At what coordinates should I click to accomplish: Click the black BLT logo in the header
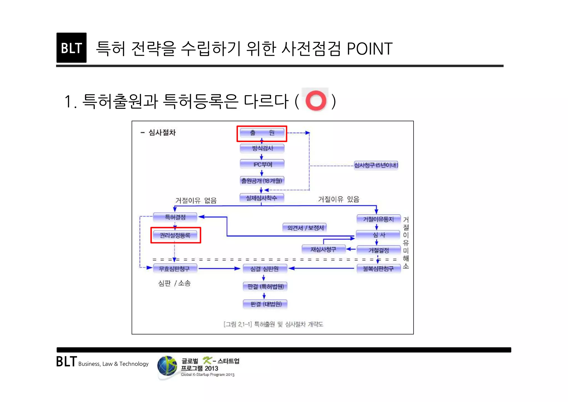point(71,48)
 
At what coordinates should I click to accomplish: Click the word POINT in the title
point(369,49)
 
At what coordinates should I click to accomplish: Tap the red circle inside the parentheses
point(316,100)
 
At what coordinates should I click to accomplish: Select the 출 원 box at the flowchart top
point(262,133)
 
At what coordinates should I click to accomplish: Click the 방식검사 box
point(262,148)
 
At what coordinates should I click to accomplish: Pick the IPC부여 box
point(262,165)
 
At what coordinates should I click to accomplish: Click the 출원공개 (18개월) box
point(262,181)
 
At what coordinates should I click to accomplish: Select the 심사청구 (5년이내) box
point(376,165)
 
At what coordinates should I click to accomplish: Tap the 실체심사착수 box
point(262,198)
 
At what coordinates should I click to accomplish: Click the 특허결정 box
point(175,217)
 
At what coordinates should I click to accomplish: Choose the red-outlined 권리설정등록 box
point(175,235)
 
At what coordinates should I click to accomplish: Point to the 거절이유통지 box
point(378,219)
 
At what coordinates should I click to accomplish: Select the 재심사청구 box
point(323,249)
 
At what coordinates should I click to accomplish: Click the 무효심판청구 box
point(174,269)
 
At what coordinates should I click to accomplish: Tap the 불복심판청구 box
point(378,269)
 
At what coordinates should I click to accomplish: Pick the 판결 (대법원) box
point(265,304)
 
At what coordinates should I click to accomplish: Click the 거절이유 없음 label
point(196,200)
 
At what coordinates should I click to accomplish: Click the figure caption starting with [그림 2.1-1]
point(273,324)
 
